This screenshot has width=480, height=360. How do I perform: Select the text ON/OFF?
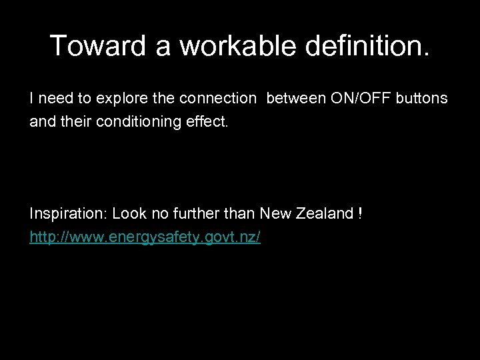coord(352,99)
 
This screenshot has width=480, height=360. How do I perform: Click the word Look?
coord(127,213)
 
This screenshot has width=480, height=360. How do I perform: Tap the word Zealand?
coord(322,213)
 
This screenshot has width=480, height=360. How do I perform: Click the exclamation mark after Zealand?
coord(360,213)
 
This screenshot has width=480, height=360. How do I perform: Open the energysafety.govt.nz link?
coord(145,237)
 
